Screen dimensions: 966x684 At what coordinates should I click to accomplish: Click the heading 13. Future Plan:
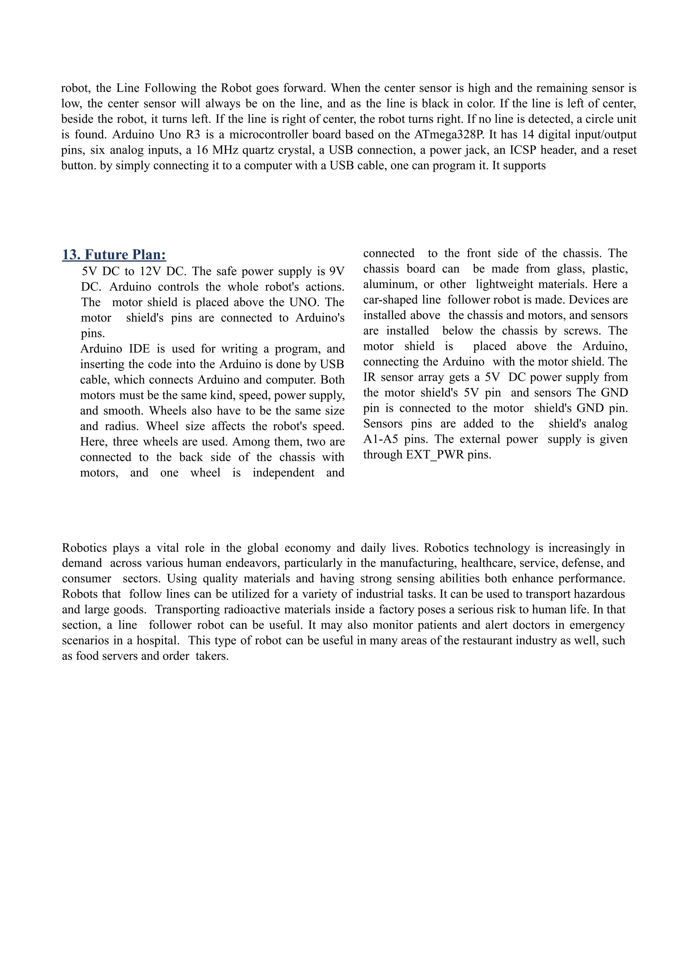click(x=114, y=255)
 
